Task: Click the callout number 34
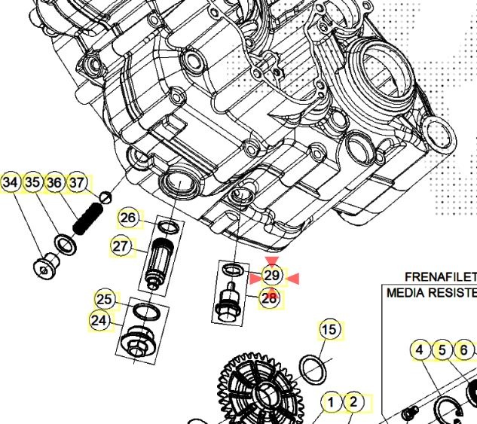tap(11, 182)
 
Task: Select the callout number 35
tap(32, 182)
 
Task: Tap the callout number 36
tap(54, 182)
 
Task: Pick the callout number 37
tap(77, 182)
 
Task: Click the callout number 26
tap(128, 218)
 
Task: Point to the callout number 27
tap(121, 246)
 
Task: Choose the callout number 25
tap(105, 300)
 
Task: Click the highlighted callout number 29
tap(272, 276)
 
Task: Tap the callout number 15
tap(329, 329)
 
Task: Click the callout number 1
tap(330, 402)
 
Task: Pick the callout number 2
tap(353, 402)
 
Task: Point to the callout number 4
tap(420, 350)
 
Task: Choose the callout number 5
tap(442, 350)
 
